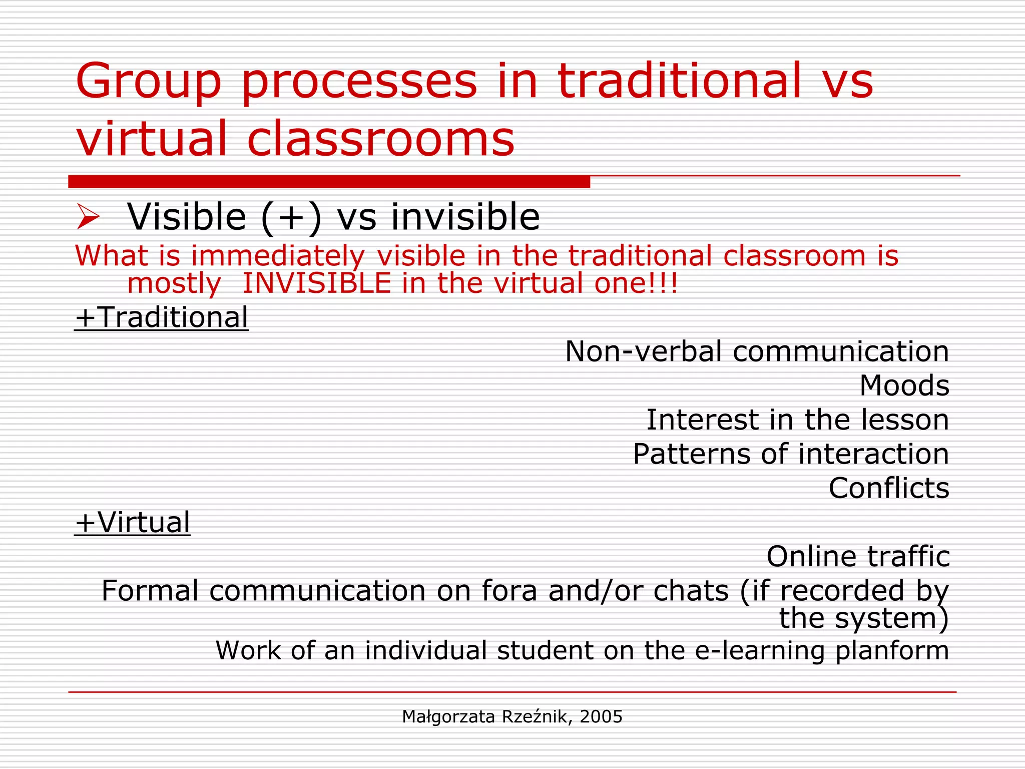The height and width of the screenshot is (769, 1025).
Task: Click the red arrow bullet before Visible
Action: [89, 217]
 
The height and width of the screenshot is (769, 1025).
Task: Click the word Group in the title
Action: [148, 82]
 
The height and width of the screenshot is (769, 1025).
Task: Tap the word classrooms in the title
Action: [380, 138]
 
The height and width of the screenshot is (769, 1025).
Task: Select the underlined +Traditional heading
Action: [161, 317]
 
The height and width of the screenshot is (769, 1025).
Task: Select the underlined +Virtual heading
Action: [132, 523]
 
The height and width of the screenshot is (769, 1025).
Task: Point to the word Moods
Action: [904, 386]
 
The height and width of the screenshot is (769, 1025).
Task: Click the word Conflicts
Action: [888, 488]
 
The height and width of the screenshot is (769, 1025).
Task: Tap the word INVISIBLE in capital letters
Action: [316, 283]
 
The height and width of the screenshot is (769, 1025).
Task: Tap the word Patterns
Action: [691, 454]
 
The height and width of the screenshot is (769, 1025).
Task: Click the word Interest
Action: [702, 420]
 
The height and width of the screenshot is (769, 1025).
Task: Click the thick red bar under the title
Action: [329, 181]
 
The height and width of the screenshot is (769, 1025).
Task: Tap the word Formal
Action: [150, 591]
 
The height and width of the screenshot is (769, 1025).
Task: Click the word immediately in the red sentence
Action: [278, 256]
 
